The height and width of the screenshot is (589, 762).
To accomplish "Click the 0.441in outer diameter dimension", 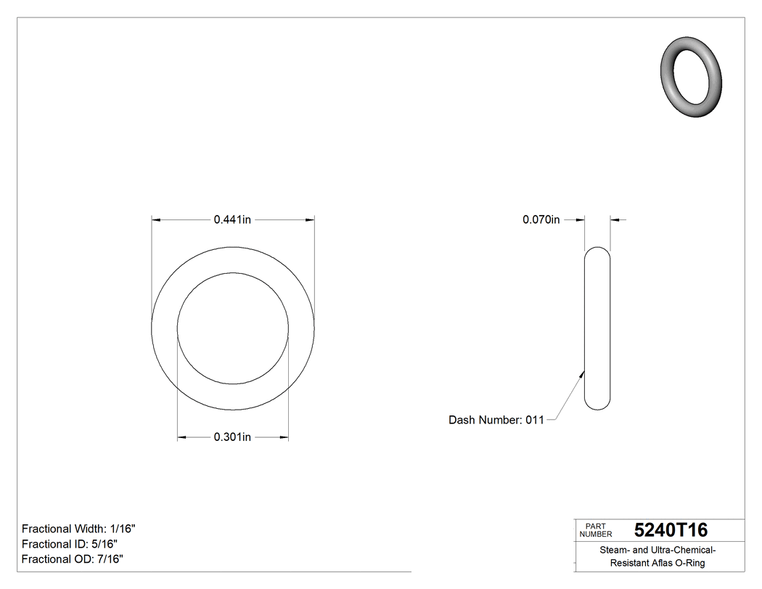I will (x=232, y=219).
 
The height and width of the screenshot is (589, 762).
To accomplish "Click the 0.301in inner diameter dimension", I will (x=232, y=437).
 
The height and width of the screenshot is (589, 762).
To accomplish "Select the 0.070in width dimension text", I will (x=541, y=219).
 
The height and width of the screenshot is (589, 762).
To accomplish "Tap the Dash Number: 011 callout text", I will (x=496, y=420).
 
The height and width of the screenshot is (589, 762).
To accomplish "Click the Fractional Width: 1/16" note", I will (x=78, y=529).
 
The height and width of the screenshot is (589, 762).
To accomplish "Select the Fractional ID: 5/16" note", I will (x=70, y=544).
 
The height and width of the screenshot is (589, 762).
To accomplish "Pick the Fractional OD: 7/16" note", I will (x=72, y=559).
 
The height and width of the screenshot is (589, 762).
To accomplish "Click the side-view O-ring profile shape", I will (x=597, y=328).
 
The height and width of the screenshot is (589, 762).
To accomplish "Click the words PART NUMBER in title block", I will (x=596, y=530).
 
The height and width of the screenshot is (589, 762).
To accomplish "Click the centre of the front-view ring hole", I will (x=233, y=328).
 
